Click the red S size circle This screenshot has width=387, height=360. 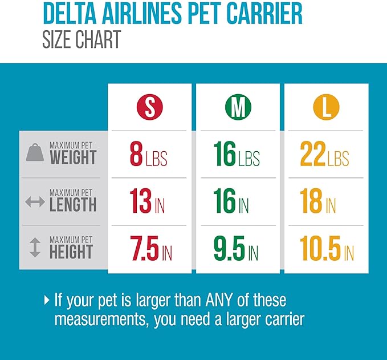coord(149,107)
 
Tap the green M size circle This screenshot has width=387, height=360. coord(238,107)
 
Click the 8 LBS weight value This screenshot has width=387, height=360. coord(149,155)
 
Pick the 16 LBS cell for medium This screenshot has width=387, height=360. coord(237,155)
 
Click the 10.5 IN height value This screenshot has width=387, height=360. coord(327,249)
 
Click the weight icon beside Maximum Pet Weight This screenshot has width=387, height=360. coord(35,153)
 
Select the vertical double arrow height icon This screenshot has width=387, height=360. coord(35,249)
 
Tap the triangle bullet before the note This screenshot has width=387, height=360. coord(47,299)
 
